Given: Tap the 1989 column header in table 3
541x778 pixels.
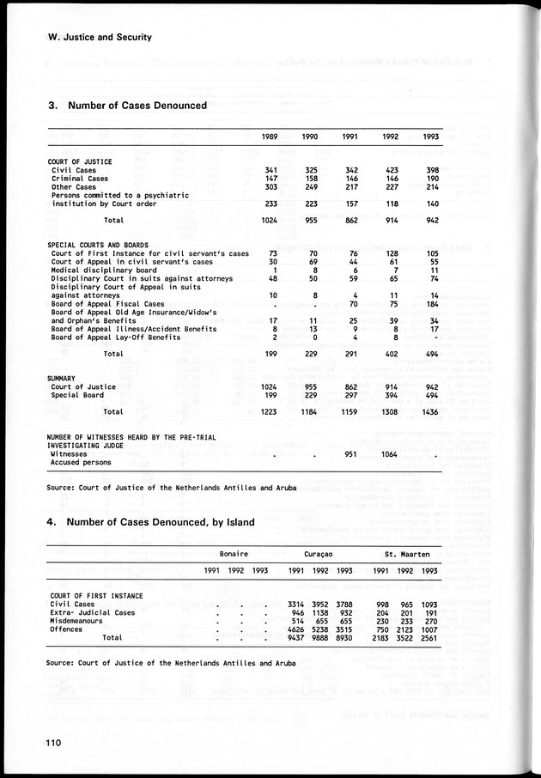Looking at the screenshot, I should [x=267, y=137].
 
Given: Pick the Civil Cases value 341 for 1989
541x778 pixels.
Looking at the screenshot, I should [x=267, y=171].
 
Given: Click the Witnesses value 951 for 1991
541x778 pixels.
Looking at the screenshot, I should [x=350, y=454].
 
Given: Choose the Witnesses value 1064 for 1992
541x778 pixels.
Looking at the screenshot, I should [x=388, y=454].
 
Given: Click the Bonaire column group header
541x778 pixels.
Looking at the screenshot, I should [x=234, y=554].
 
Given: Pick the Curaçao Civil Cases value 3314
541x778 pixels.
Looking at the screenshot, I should [x=296, y=604].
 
